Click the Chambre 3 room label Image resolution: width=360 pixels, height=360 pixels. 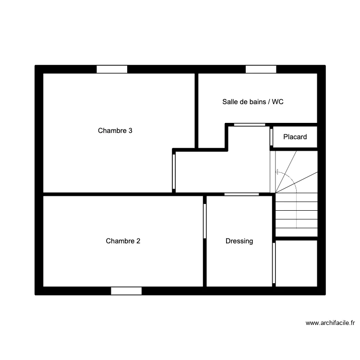click(115, 131)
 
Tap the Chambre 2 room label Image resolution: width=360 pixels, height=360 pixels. click(123, 241)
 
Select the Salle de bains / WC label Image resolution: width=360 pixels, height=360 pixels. click(253, 102)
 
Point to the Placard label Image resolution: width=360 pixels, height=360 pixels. click(295, 137)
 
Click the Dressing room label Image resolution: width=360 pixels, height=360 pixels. click(239, 241)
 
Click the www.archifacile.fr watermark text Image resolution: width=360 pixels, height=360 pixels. click(330, 323)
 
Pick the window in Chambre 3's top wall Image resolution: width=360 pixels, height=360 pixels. click(112, 69)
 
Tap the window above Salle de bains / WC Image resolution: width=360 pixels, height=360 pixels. click(261, 69)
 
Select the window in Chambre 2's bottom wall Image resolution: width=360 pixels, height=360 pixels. click(126, 291)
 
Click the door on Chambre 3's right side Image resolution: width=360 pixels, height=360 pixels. click(174, 172)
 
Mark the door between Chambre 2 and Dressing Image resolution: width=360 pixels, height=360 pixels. click(205, 221)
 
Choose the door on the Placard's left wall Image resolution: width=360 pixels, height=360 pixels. click(271, 137)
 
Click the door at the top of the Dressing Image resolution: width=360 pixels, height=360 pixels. click(241, 194)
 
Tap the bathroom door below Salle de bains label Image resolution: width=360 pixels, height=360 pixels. click(250, 125)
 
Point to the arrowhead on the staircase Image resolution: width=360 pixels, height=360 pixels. click(276, 172)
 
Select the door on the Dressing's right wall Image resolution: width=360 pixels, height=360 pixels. click(274, 263)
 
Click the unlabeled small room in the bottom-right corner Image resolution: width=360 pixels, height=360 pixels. click(296, 264)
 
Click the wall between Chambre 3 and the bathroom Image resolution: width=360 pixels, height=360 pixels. click(196, 111)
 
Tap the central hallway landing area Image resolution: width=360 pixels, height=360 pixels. click(223, 172)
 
